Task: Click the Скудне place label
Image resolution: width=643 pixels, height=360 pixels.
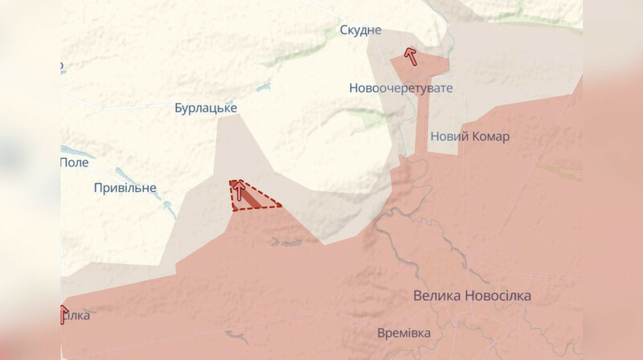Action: [x=359, y=30]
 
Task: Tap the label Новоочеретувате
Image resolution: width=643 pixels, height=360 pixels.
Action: [x=401, y=88]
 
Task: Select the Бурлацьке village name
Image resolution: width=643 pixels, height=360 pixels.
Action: [x=206, y=107]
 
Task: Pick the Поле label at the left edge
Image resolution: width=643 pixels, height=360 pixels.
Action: [x=75, y=162]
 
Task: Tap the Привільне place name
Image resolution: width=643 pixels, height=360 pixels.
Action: [x=125, y=188]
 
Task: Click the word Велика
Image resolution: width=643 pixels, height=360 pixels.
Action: [x=438, y=296]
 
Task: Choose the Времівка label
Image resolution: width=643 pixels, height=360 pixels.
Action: [x=403, y=333]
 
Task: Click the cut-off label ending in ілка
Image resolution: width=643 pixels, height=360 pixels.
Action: [x=76, y=315]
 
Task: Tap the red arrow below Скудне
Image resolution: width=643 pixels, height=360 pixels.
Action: [x=410, y=55]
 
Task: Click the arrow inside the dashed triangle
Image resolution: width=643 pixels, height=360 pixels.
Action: [x=238, y=190]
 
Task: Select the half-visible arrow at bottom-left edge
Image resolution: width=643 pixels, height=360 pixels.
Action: [x=64, y=313]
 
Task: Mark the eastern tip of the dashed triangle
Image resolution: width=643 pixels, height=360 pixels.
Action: [x=281, y=206]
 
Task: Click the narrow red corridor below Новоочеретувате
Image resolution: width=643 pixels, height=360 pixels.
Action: [x=420, y=121]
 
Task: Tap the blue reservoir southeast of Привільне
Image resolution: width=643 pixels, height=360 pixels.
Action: [x=169, y=207]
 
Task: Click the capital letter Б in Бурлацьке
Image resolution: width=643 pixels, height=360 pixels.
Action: [x=179, y=107]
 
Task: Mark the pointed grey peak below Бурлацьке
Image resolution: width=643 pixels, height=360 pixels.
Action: [x=239, y=115]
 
